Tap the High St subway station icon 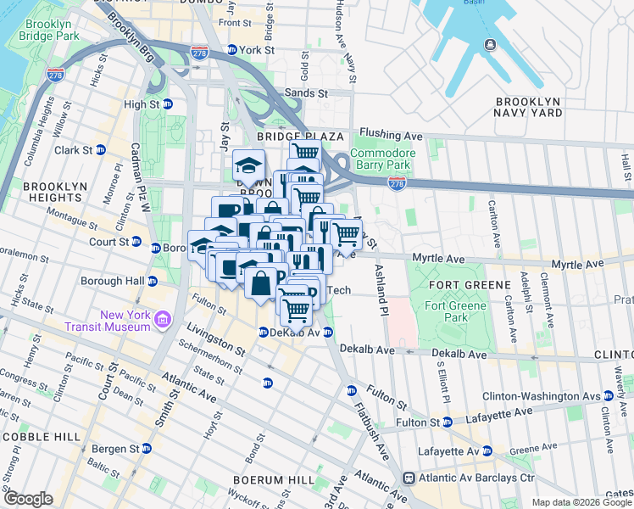click(168, 104)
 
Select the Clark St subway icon click(100, 150)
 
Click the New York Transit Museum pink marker click(164, 321)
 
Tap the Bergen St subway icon click(146, 448)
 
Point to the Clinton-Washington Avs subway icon click(608, 396)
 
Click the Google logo click(28, 498)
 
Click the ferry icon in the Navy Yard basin click(489, 44)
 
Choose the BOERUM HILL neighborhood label click(262, 479)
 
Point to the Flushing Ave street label click(390, 134)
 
